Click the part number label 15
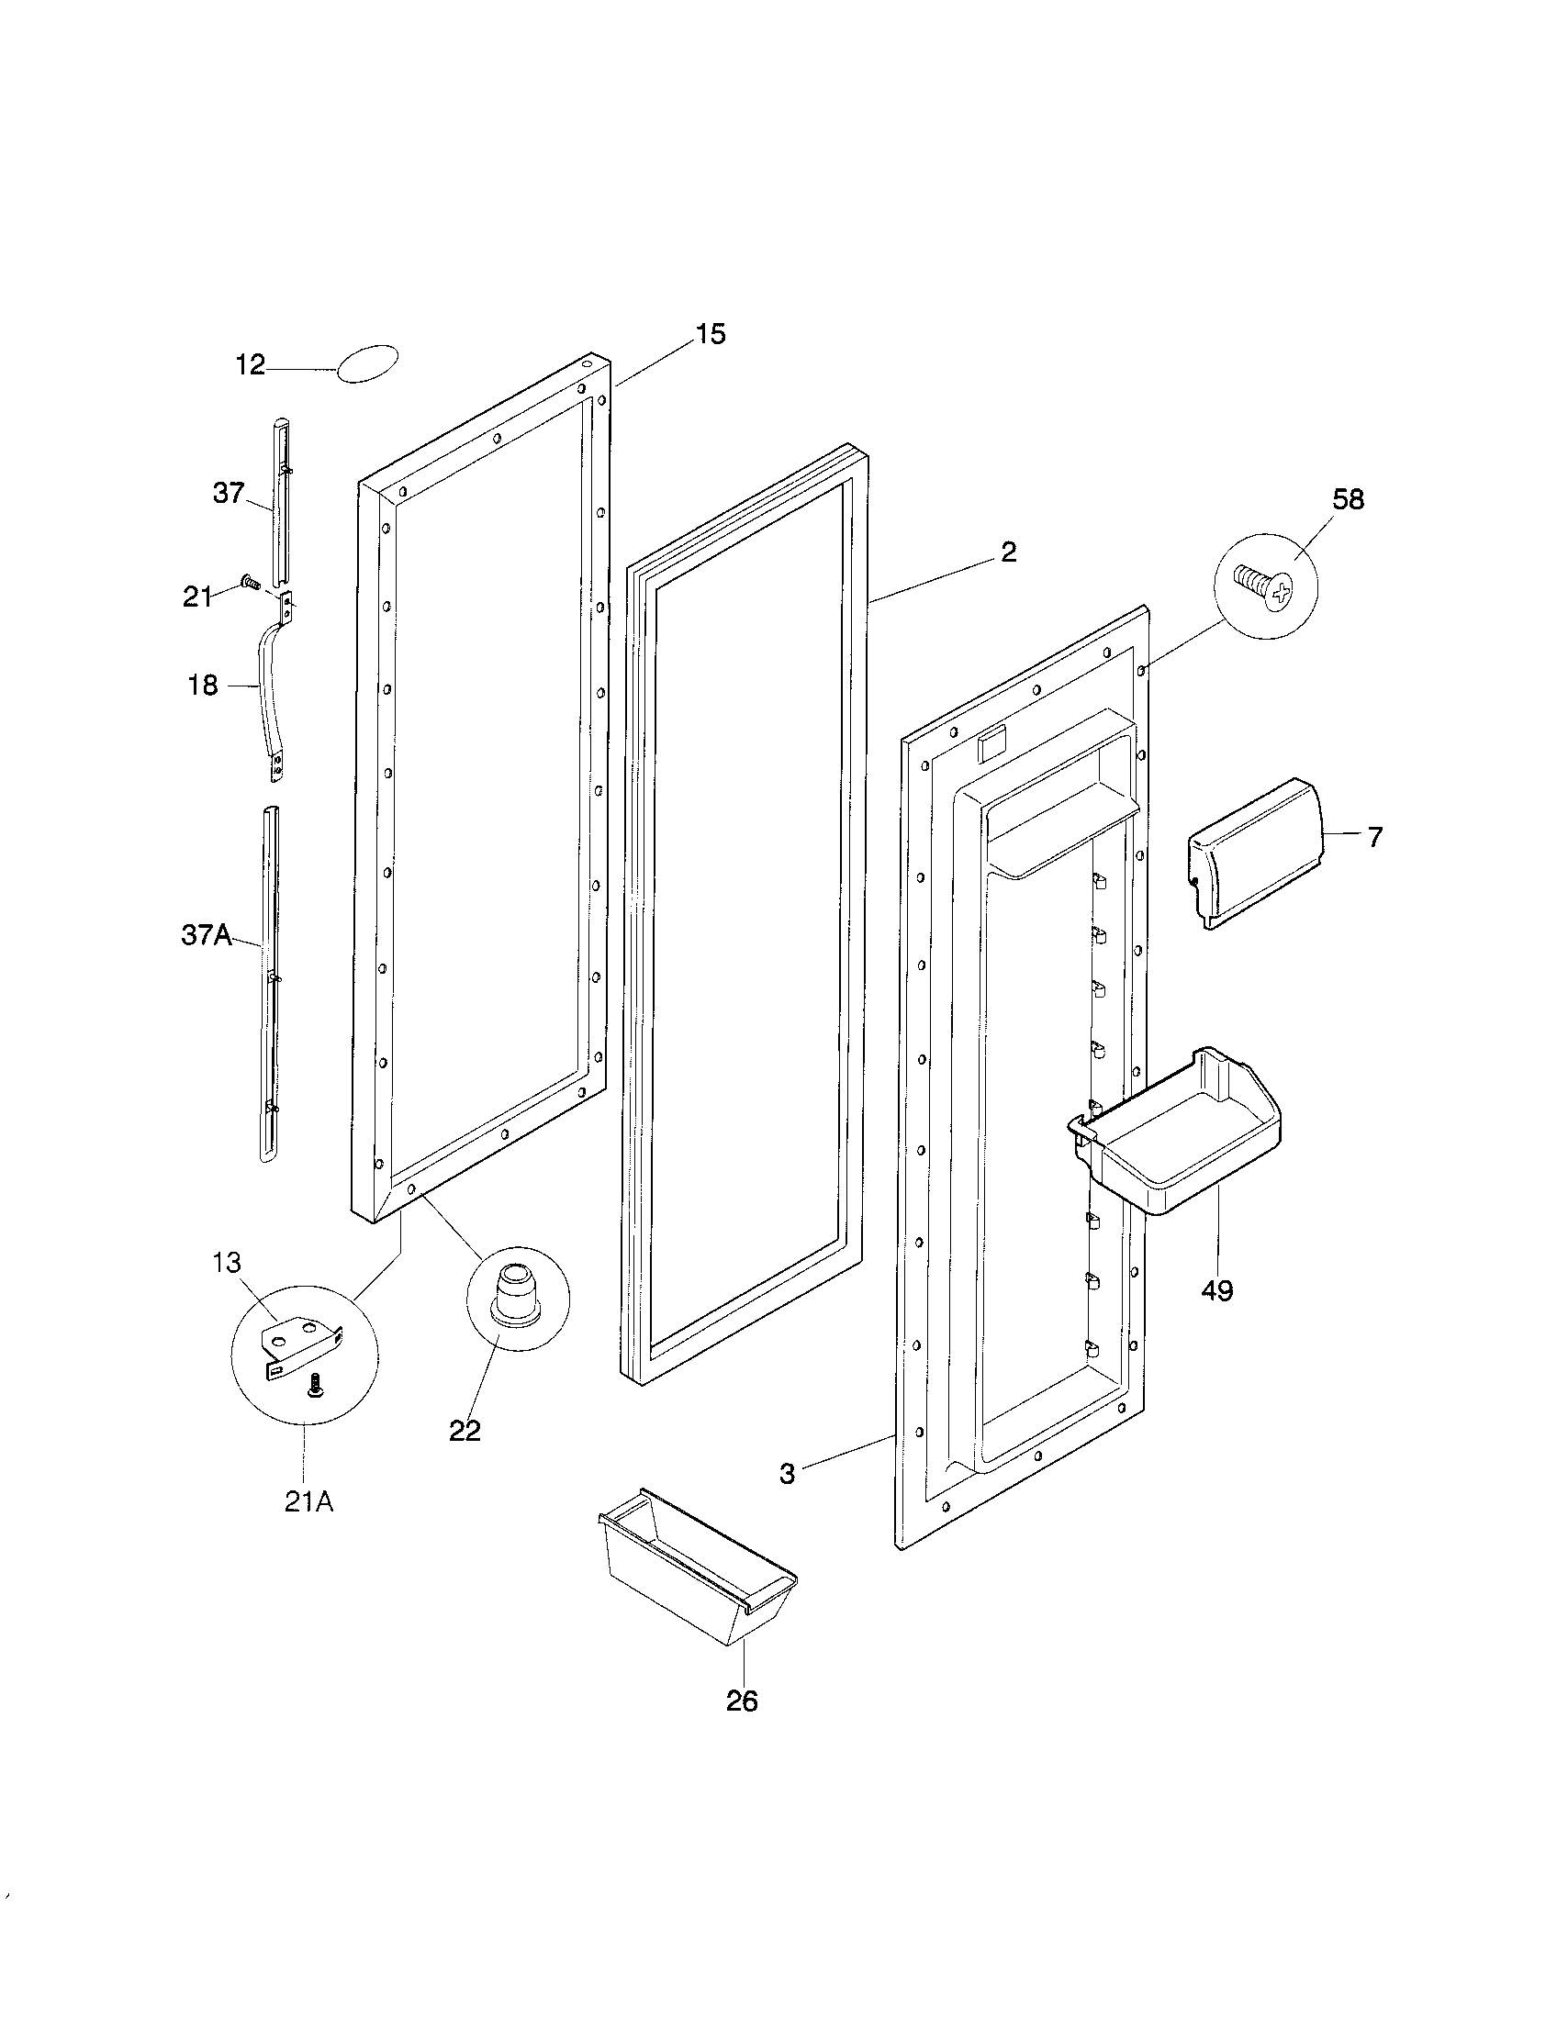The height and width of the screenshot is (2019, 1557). coord(710,334)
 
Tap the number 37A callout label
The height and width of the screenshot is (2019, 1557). coord(206,935)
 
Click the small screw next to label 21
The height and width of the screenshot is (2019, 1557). coord(248,582)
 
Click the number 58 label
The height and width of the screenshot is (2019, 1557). coord(1347,500)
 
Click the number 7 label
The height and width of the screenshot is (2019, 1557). coord(1375,838)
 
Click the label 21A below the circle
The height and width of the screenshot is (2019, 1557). coord(308,1502)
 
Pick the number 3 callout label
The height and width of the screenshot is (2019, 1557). coord(787,1474)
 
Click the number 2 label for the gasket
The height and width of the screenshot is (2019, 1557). coord(1008,552)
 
